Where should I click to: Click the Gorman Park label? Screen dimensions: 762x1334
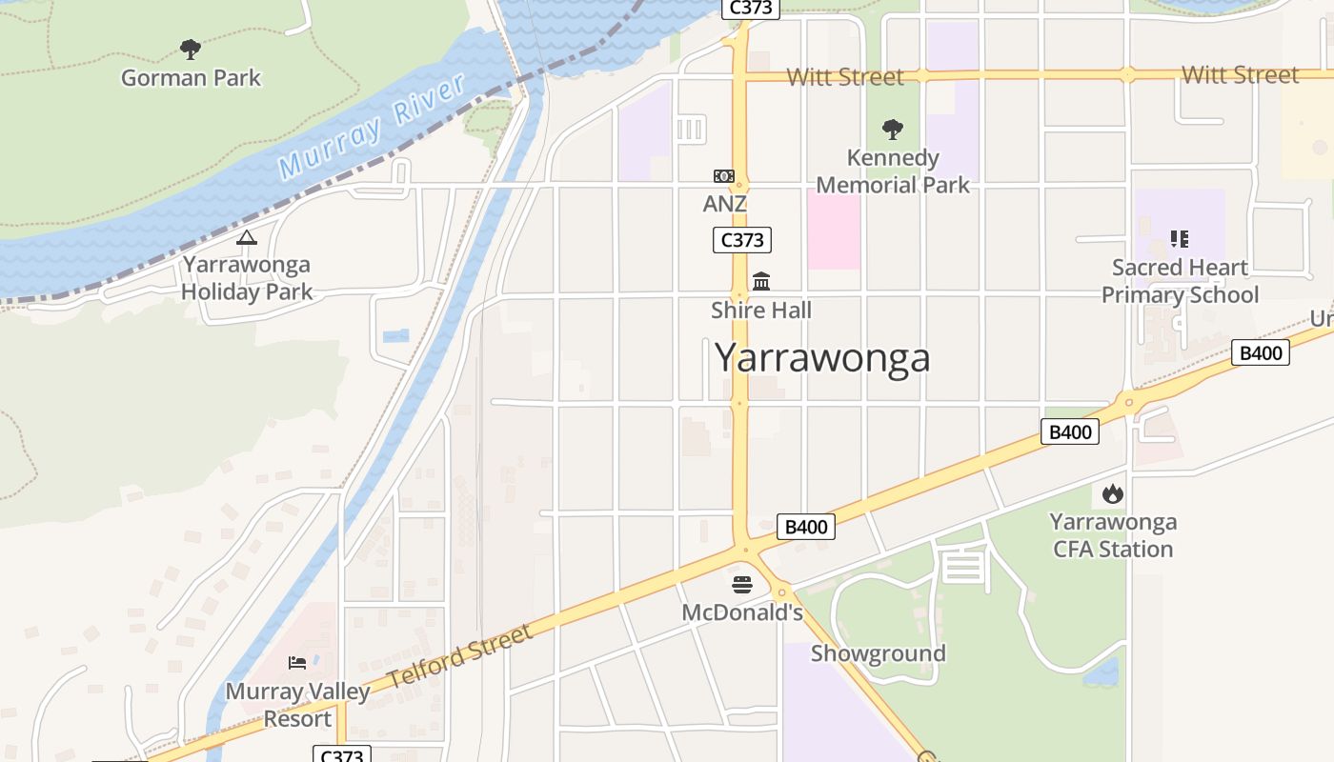pyautogui.click(x=191, y=78)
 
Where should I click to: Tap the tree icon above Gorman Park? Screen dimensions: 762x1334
pyautogui.click(x=191, y=49)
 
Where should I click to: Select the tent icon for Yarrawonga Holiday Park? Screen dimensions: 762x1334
pyautogui.click(x=247, y=237)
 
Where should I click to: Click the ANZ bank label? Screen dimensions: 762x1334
pyautogui.click(x=725, y=204)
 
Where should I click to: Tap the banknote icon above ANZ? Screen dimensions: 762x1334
pyautogui.click(x=724, y=176)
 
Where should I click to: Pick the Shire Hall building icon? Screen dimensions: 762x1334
pyautogui.click(x=761, y=282)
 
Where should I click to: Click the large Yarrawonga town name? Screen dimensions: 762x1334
pyautogui.click(x=822, y=358)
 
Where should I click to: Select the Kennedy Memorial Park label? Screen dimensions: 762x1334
pyautogui.click(x=893, y=171)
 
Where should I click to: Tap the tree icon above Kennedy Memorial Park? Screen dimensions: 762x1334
pyautogui.click(x=893, y=129)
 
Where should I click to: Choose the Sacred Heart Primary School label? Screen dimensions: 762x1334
pyautogui.click(x=1180, y=281)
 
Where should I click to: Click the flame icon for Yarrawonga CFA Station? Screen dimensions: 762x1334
pyautogui.click(x=1112, y=494)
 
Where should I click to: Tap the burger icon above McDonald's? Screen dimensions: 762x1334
pyautogui.click(x=742, y=584)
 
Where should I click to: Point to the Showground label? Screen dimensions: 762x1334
pyautogui.click(x=878, y=653)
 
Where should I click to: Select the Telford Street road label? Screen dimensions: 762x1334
pyautogui.click(x=460, y=658)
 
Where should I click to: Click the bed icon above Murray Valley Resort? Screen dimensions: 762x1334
pyautogui.click(x=297, y=662)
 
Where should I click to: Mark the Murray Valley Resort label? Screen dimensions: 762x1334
pyautogui.click(x=297, y=705)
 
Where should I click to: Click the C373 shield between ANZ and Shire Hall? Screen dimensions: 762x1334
pyautogui.click(x=741, y=240)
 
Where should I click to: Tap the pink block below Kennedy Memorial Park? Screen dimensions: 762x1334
pyautogui.click(x=834, y=229)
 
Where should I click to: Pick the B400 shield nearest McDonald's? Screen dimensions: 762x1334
pyautogui.click(x=806, y=527)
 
